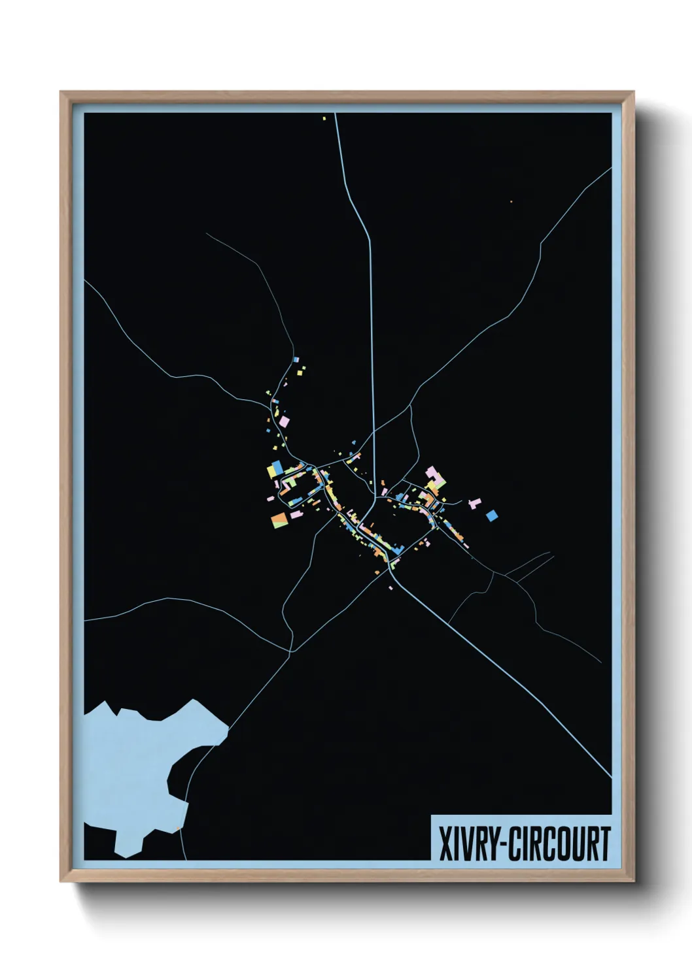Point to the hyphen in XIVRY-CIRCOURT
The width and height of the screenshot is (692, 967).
(x=502, y=844)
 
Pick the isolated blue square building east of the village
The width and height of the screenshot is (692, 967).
(x=492, y=516)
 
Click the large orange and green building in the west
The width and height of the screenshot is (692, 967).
(x=280, y=519)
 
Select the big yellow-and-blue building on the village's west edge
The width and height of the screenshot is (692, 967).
(x=274, y=468)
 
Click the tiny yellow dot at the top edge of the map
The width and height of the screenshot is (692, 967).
(x=324, y=118)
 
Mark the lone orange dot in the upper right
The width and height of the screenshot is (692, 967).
(x=511, y=201)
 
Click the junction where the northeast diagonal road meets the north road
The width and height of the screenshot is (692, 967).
(x=373, y=432)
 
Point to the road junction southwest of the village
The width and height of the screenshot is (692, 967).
(x=290, y=651)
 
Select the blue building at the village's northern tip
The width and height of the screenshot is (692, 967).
(x=296, y=359)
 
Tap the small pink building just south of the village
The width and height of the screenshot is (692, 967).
(x=390, y=588)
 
